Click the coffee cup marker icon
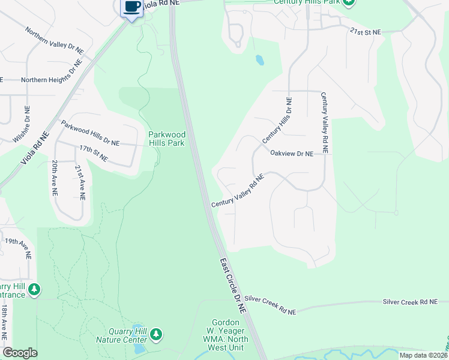coord(131,8)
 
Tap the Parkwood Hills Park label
coord(167,139)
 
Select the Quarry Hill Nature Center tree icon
coord(156,334)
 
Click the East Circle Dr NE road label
coord(233,285)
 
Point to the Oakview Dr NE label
coord(291,154)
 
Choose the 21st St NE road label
coord(366,33)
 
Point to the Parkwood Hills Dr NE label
coord(90,133)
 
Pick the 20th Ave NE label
coord(55,178)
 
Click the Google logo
coord(20,353)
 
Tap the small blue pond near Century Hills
coord(259,60)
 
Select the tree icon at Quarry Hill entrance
coord(35,290)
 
